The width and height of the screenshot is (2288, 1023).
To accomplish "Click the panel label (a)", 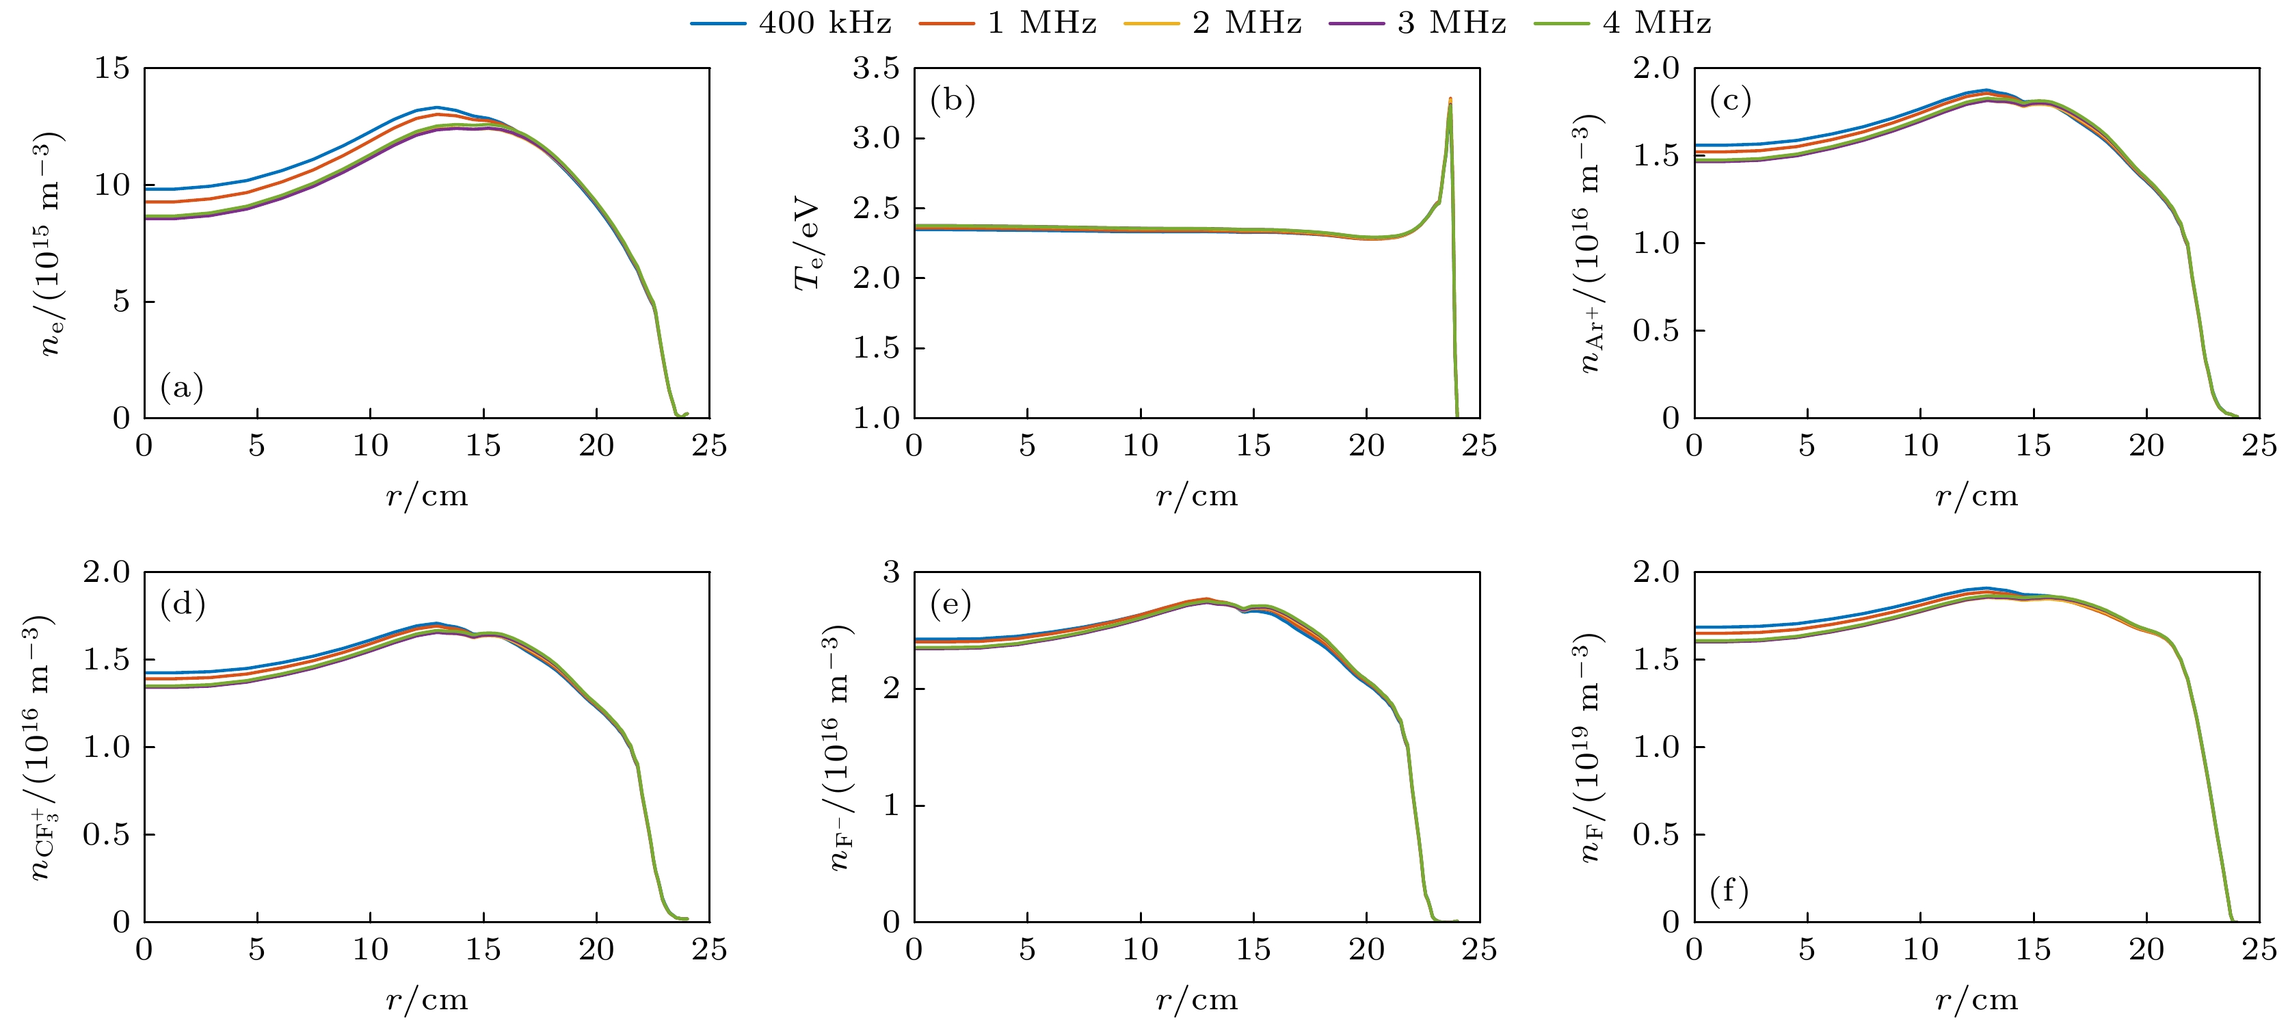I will [x=182, y=387].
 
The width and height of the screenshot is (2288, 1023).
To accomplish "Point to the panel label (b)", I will [x=952, y=101].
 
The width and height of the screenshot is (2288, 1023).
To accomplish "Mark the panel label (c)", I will [x=1730, y=101].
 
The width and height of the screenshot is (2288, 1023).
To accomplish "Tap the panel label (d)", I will [x=182, y=604].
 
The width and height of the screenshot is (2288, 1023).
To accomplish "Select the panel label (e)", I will [x=950, y=604].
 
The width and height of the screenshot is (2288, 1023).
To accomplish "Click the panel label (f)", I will [x=1729, y=890].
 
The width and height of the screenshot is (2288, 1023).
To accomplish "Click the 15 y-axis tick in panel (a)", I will [x=112, y=68].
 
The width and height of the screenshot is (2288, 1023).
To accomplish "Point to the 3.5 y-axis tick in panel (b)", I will [x=876, y=68].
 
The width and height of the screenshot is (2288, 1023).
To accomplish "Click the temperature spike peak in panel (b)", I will [x=1450, y=98].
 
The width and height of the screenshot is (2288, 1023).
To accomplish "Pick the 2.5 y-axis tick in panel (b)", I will [x=876, y=208].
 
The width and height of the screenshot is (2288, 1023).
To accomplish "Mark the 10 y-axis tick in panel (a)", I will [x=112, y=185].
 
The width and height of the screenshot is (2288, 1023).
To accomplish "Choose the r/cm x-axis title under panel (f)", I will [x=1976, y=1000].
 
